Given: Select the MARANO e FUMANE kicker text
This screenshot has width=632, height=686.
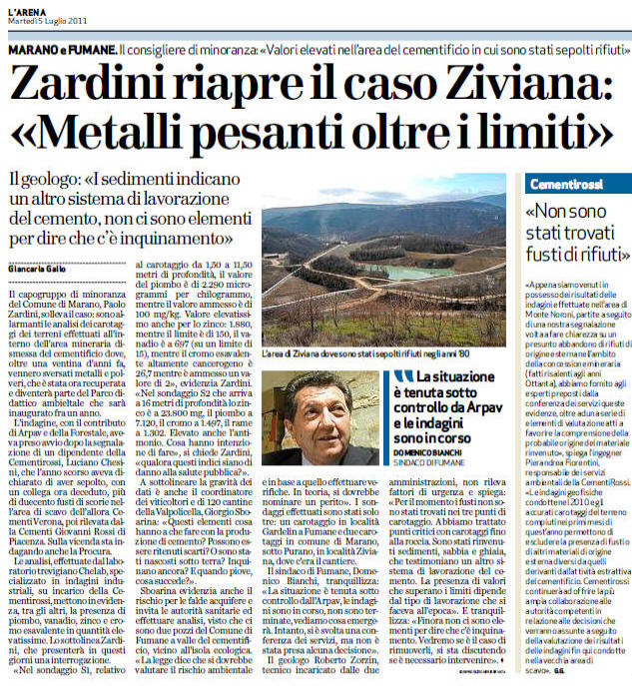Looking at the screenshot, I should [59, 49].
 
